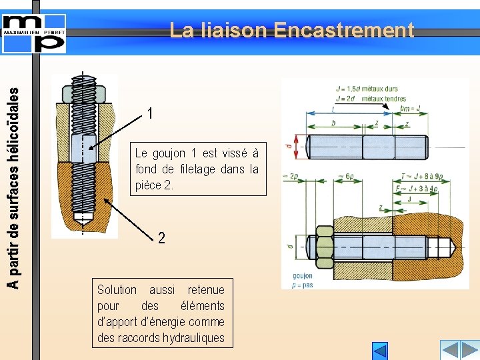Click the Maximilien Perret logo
(x=34, y=31)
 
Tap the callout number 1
(x=151, y=114)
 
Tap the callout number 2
(x=161, y=237)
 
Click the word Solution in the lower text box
(x=117, y=290)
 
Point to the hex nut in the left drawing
(x=83, y=93)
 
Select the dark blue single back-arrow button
(x=379, y=351)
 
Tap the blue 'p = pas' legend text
(x=302, y=285)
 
